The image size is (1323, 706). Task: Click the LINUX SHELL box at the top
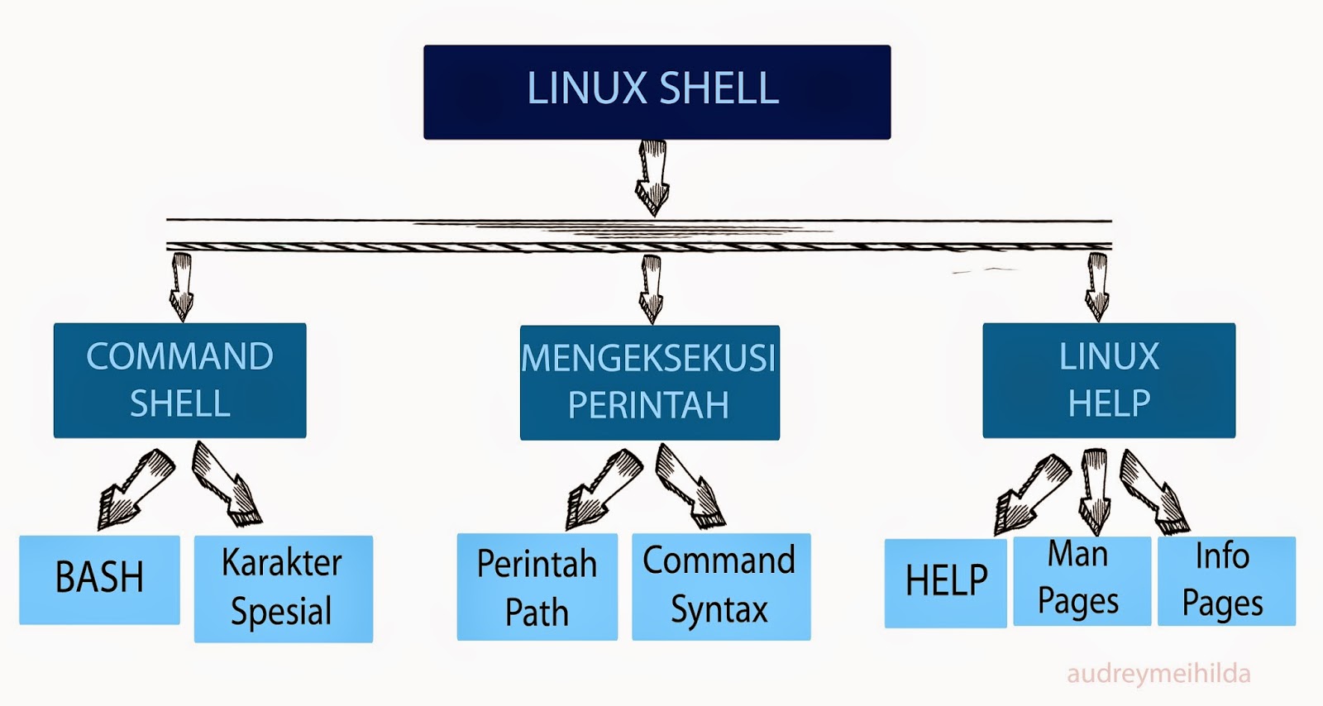point(657,92)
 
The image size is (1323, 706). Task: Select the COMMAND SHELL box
point(179,380)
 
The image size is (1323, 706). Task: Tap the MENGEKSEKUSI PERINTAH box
point(649,382)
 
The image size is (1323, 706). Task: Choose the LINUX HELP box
point(1108,380)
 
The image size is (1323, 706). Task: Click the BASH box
point(99,580)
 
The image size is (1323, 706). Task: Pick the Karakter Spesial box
point(283,589)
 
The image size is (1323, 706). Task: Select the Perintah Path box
point(537,587)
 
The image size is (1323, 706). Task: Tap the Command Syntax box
point(720,586)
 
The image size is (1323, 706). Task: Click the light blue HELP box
point(945,583)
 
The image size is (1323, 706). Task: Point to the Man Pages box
point(1081,580)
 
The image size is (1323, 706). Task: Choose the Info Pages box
point(1225,580)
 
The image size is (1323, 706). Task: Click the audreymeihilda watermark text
point(1158,674)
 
